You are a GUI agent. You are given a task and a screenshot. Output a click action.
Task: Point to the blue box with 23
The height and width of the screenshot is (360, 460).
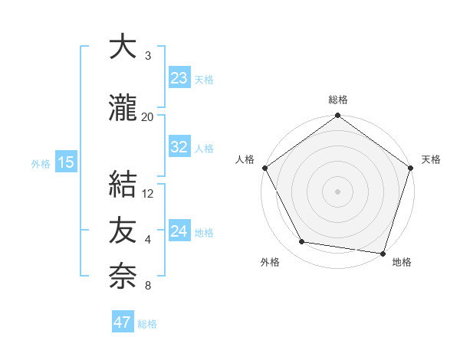pyautogui.click(x=179, y=78)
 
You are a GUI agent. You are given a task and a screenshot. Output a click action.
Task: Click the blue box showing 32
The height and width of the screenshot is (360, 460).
pyautogui.click(x=179, y=148)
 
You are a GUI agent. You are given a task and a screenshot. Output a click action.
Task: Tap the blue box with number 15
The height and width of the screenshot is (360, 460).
pyautogui.click(x=65, y=163)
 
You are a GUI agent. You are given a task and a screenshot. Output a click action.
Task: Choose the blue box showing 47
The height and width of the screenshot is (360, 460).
pyautogui.click(x=123, y=322)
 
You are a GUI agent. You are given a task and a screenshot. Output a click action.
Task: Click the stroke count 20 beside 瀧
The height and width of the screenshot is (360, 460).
pyautogui.click(x=148, y=116)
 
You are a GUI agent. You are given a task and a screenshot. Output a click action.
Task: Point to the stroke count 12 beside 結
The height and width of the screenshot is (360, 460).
pyautogui.click(x=148, y=193)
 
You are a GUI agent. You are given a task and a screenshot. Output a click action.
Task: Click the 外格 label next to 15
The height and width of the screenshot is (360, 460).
pyautogui.click(x=41, y=164)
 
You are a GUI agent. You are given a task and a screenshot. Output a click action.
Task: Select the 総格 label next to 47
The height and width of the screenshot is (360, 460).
pyautogui.click(x=147, y=323)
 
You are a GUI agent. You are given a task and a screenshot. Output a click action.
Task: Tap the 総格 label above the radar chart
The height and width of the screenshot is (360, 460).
pyautogui.click(x=337, y=100)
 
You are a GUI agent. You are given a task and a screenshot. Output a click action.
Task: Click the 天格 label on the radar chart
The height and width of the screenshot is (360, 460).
pyautogui.click(x=431, y=159)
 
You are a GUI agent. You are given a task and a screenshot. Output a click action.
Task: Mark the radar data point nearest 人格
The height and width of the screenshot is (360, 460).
pyautogui.click(x=265, y=168)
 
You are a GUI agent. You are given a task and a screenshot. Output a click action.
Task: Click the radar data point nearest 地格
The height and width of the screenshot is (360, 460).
pyautogui.click(x=382, y=252)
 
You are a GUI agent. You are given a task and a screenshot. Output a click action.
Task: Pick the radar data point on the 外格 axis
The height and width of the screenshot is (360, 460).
pyautogui.click(x=302, y=242)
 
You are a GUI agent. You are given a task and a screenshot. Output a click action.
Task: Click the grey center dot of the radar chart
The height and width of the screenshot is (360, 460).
pyautogui.click(x=337, y=191)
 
